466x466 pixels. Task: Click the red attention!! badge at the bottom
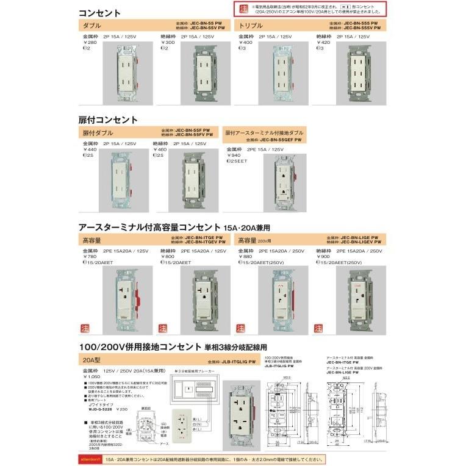92,457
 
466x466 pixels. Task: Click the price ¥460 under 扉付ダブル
160,149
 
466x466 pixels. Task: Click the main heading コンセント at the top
100,12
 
